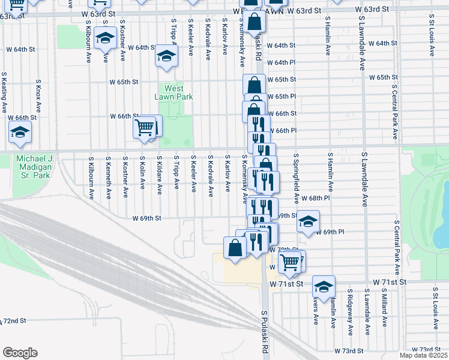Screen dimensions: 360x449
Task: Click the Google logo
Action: pos(19,353)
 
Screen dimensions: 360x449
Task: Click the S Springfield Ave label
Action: pos(296,178)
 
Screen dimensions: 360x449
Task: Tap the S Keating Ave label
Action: pos(4,93)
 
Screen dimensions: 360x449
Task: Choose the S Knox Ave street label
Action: pos(38,96)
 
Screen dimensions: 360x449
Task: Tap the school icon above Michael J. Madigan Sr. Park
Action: pos(20,133)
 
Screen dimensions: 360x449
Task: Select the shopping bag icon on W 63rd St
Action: pos(255,22)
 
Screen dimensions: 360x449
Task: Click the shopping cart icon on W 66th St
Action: pos(145,127)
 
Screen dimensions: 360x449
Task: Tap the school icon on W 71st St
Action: pos(324,287)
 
